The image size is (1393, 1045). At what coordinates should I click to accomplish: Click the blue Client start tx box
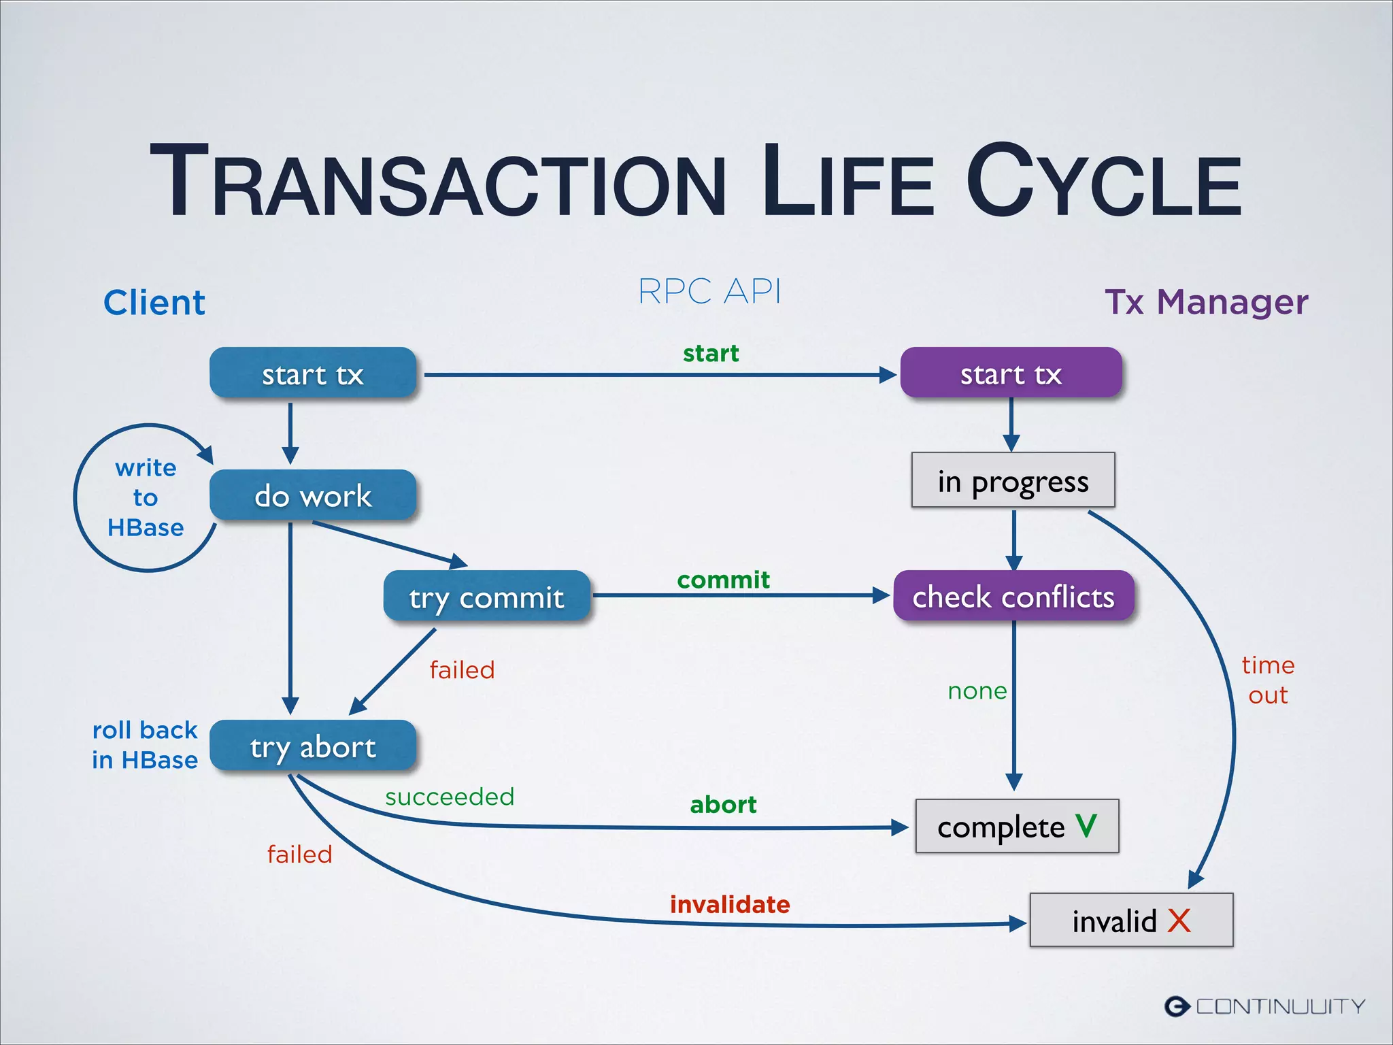(312, 373)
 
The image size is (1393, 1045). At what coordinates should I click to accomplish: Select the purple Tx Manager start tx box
(1011, 373)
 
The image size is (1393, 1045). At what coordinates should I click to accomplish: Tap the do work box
(312, 495)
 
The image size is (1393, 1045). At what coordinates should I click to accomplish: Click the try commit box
(486, 597)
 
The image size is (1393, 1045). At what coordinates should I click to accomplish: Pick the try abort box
(312, 746)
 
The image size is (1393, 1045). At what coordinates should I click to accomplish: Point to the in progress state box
(1013, 480)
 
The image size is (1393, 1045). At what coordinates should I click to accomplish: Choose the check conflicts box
(1013, 597)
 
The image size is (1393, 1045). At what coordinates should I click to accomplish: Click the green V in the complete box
(1086, 826)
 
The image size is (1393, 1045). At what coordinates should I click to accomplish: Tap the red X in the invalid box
(1179, 920)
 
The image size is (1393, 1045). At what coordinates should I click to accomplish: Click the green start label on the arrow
(711, 353)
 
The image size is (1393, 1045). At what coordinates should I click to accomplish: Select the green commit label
(723, 580)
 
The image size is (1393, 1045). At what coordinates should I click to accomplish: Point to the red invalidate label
(730, 904)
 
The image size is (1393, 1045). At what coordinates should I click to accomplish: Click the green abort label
(723, 805)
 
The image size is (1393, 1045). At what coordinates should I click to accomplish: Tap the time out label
(1268, 680)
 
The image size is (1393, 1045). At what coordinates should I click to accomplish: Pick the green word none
(977, 691)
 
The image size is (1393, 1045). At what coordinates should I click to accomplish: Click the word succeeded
(450, 797)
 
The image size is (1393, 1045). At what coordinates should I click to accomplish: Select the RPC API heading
(709, 291)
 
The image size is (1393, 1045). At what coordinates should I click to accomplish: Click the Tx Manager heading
(1206, 301)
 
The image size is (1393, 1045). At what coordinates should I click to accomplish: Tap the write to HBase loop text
(146, 497)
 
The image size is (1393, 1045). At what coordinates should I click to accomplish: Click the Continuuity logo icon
(1177, 1006)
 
